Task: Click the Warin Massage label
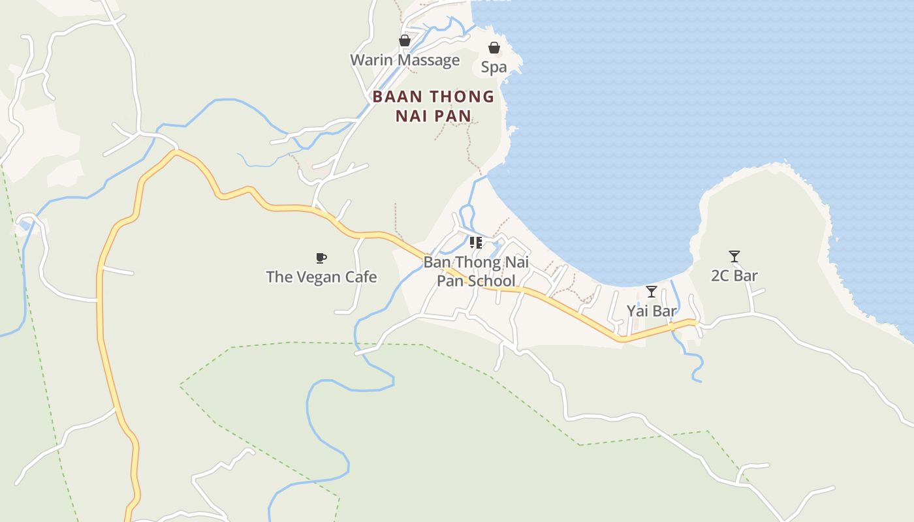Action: tap(405, 61)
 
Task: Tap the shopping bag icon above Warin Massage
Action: tap(405, 40)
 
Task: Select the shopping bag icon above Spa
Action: tap(494, 48)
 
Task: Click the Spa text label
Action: tap(494, 67)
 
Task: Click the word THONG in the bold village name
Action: tap(462, 97)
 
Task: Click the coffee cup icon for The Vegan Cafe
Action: tap(321, 258)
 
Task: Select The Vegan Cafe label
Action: tap(321, 277)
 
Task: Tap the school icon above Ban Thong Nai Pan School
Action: tap(476, 243)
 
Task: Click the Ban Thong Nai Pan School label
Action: tap(476, 272)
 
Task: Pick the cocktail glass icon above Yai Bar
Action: tap(651, 292)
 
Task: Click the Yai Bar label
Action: tap(652, 311)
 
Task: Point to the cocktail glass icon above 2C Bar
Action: tap(734, 256)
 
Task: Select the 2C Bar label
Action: tap(734, 276)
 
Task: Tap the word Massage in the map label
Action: tap(429, 61)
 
